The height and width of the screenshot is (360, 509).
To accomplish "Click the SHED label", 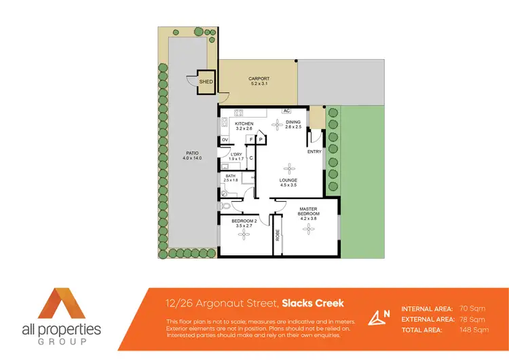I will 206,82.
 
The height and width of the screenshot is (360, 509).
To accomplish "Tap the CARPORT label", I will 259,81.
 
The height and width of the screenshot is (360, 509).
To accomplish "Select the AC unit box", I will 286,111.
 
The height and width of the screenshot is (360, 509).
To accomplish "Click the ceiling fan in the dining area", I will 277,124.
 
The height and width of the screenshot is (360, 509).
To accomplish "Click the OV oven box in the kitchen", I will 225,140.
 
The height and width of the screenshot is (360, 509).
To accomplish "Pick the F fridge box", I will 251,140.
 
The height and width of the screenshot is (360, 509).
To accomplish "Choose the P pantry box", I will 260,140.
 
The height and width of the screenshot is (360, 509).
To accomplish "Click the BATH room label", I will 231,178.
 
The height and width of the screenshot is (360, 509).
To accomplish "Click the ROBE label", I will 278,235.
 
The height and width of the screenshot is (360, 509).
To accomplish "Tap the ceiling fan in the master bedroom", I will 309,230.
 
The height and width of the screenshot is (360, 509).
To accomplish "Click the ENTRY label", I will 314,151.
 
